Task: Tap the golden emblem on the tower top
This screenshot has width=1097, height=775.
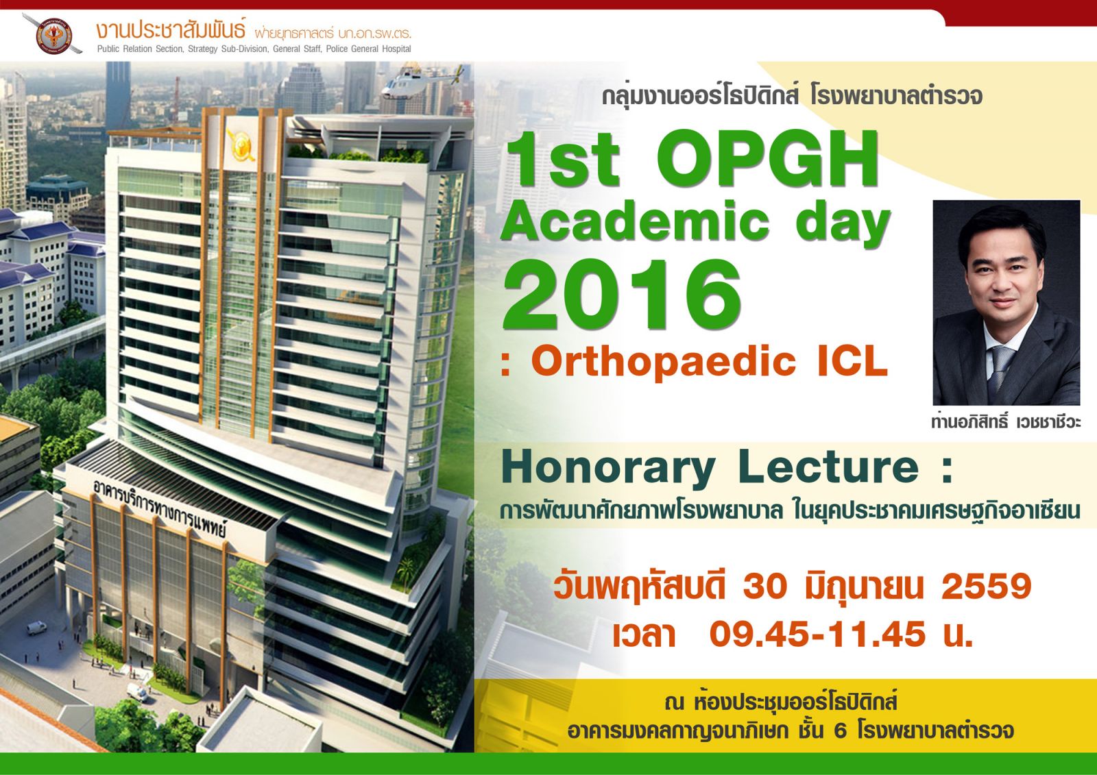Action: click(240, 144)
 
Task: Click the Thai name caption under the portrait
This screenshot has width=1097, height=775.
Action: click(1006, 421)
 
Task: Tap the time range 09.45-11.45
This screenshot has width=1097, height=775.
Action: click(817, 635)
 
